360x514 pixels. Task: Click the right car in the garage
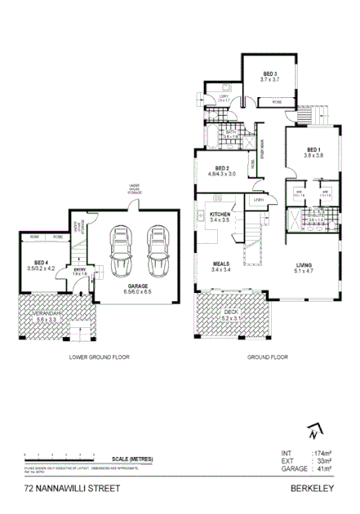coord(155,250)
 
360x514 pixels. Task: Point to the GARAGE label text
coord(136,286)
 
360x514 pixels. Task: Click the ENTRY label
coord(79,270)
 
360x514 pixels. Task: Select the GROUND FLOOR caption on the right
coord(269,357)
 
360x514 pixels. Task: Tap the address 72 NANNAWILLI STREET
coord(72,489)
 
